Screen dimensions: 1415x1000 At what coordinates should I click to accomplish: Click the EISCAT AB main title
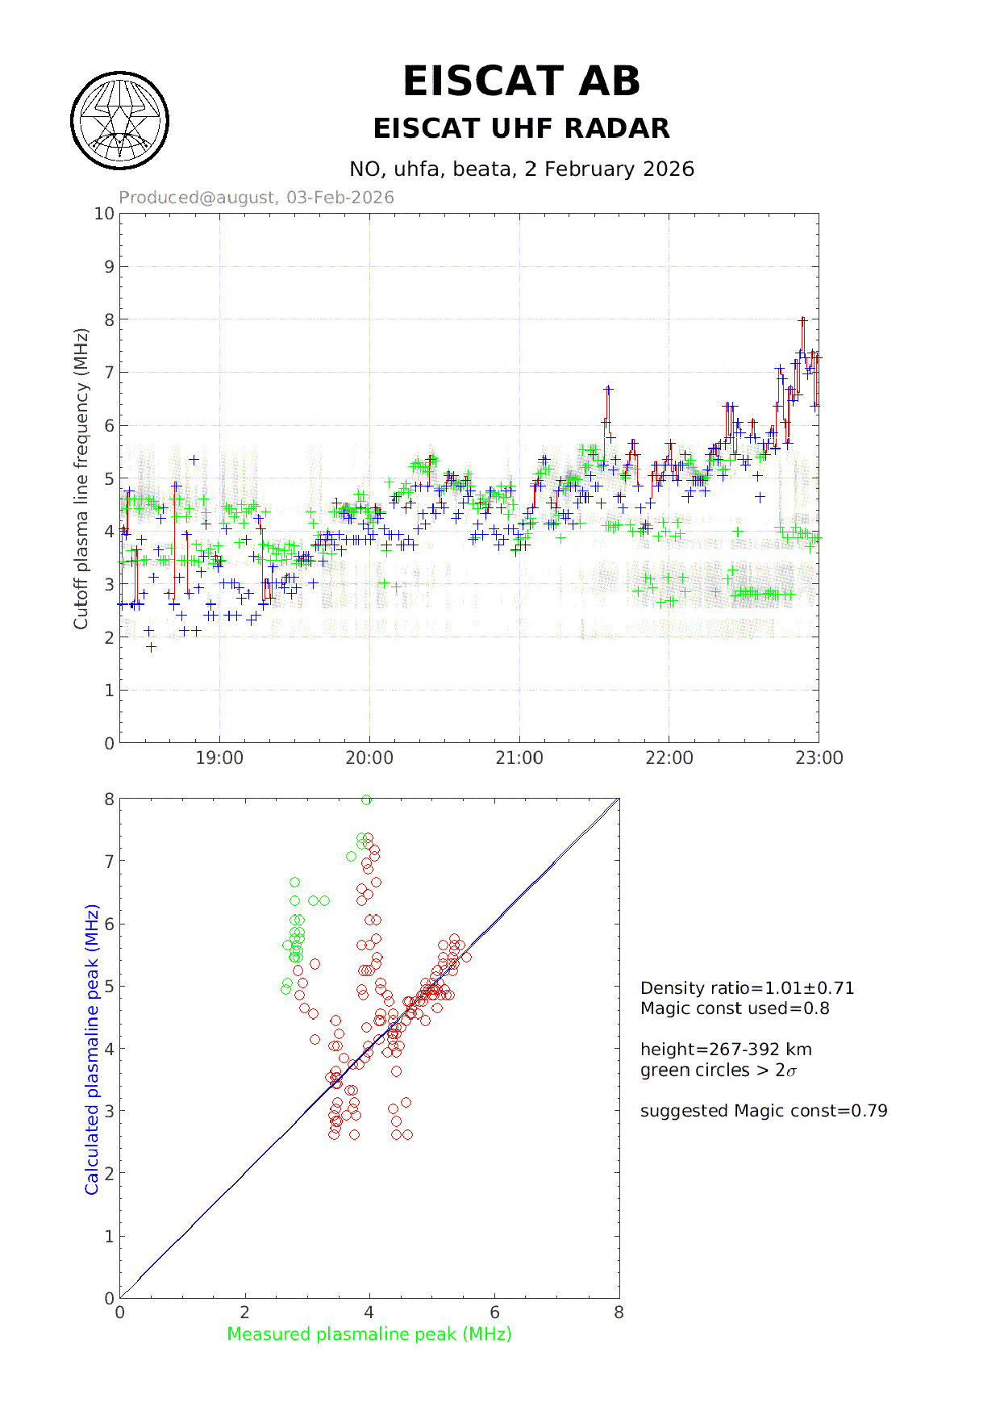click(x=521, y=81)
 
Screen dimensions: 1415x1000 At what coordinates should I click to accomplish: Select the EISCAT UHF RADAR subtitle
click(x=521, y=128)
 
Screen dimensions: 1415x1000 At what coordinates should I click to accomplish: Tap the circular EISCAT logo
click(x=120, y=121)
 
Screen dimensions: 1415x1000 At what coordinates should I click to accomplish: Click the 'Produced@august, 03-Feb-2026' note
click(x=256, y=198)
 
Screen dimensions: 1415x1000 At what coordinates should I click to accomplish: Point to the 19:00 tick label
click(x=219, y=758)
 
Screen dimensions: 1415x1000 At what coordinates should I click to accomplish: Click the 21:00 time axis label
click(x=519, y=758)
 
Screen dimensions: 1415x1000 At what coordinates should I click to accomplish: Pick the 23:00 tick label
click(x=819, y=758)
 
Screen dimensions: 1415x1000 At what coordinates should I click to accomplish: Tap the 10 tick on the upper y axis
click(x=104, y=214)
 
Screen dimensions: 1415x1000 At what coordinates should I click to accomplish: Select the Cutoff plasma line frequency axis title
click(x=81, y=478)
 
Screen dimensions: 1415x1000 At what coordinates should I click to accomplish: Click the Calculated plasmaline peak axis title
click(x=92, y=1049)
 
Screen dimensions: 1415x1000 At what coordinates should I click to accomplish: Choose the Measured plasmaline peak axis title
click(x=369, y=1334)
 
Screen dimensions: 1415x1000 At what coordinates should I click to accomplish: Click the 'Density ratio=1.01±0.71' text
click(x=747, y=988)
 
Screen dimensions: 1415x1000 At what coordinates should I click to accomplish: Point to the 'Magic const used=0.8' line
click(x=735, y=1008)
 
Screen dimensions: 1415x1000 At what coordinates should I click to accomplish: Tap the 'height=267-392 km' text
click(x=726, y=1050)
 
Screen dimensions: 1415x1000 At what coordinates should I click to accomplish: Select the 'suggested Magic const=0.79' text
click(x=764, y=1111)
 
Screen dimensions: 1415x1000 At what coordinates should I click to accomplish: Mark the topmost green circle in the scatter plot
click(x=366, y=799)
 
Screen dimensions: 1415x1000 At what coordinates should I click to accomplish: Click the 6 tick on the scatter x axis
click(x=494, y=1313)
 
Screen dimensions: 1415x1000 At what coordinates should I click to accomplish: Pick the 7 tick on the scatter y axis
click(x=109, y=862)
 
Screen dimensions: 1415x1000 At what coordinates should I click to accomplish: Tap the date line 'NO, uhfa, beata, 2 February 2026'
click(x=521, y=169)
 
